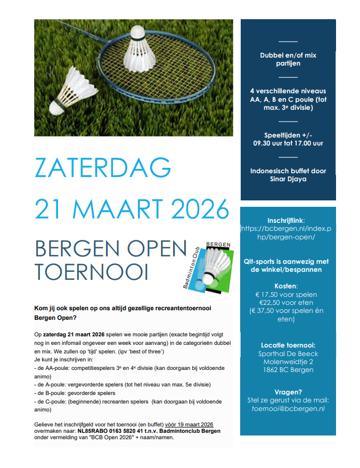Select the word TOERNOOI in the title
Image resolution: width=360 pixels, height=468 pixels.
(x=92, y=271)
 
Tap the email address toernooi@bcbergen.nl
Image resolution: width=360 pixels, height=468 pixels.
(x=288, y=409)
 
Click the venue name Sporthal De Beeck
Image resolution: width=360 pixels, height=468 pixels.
(x=288, y=353)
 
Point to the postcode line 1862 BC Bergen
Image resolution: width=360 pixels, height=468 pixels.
(x=288, y=370)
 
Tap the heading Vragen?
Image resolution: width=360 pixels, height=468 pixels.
(x=288, y=391)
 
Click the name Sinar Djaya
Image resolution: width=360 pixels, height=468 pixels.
(x=288, y=179)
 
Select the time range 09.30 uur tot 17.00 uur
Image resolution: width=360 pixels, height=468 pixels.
(x=288, y=143)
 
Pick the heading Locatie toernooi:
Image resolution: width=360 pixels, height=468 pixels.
(x=288, y=344)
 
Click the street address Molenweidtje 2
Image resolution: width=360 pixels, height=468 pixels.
(x=288, y=361)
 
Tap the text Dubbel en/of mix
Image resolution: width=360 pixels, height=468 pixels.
(x=288, y=55)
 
